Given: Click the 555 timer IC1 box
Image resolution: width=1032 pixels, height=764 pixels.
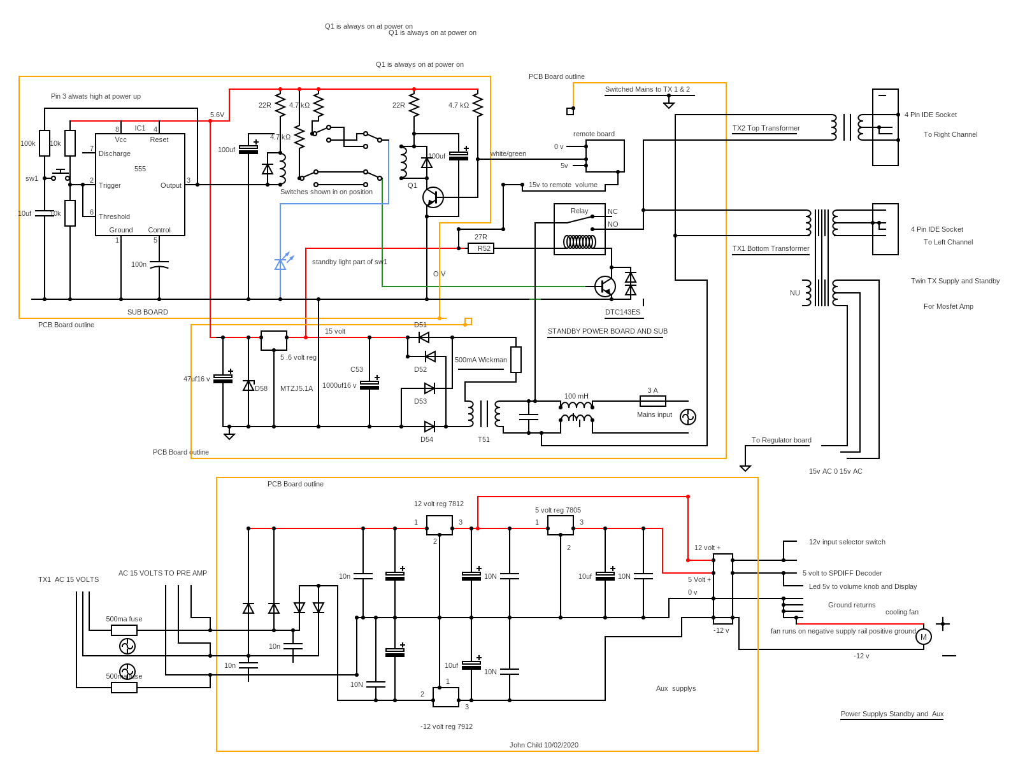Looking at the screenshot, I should point(140,185).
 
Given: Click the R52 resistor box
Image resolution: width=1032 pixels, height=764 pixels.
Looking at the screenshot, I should point(481,248).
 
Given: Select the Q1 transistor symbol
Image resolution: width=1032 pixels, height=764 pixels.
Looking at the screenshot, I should point(433,197).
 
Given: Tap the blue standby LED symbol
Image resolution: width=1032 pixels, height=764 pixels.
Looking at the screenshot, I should point(281,263).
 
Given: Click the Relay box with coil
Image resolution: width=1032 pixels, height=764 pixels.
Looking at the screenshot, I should point(579,229).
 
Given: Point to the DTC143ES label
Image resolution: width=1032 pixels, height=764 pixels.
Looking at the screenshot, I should point(622,313).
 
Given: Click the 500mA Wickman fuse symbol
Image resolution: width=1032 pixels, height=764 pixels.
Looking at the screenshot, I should point(516,360).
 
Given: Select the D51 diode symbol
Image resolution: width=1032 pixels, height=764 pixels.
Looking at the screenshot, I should point(424,337).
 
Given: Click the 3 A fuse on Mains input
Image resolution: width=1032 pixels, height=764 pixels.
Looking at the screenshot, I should point(652,401).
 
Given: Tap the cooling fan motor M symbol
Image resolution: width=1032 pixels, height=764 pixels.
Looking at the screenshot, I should point(923,637).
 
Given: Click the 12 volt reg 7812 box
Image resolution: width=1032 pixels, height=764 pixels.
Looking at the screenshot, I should point(439,525).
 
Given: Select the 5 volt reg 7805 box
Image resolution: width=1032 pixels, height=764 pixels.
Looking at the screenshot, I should point(560,525).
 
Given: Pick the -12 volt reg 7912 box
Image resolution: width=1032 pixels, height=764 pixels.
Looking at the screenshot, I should point(445,697).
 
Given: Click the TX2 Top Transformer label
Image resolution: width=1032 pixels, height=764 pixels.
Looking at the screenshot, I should point(766,128).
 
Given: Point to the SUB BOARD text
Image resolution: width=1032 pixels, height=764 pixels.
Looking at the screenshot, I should point(147,312).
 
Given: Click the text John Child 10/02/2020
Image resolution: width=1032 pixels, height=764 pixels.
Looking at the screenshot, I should point(543,745).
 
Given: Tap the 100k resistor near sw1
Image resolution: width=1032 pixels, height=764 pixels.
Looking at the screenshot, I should point(45,143).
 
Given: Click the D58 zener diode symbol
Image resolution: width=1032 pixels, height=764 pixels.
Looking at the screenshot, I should point(248,386).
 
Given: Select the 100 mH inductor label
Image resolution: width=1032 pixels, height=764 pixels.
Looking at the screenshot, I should point(576,396).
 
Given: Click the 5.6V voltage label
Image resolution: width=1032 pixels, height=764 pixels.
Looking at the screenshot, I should point(217,115).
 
